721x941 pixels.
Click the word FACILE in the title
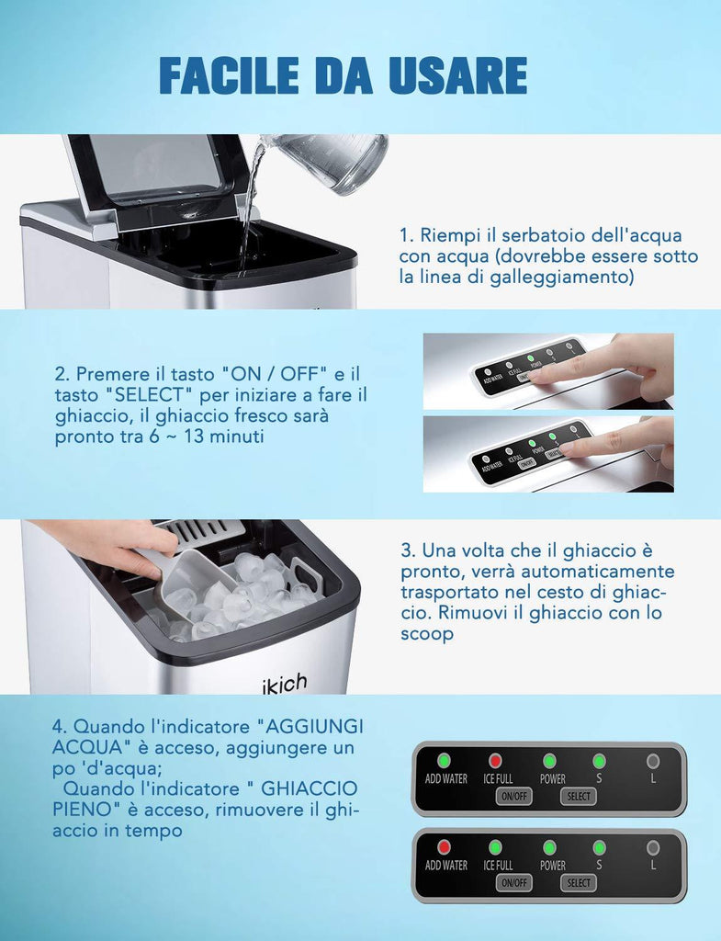click(229, 75)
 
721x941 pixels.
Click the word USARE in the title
click(458, 75)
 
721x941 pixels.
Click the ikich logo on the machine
click(285, 684)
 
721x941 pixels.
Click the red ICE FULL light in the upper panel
click(495, 761)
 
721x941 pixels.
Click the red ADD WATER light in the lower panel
click(444, 847)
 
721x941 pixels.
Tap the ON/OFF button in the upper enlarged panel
click(514, 797)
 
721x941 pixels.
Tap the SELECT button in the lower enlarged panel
click(579, 883)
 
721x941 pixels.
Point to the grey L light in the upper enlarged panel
click(653, 761)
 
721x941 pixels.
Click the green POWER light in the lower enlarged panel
click(549, 847)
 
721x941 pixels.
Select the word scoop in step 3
click(427, 634)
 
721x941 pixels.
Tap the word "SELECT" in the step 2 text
click(149, 395)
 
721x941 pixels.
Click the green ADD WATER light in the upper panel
click(444, 761)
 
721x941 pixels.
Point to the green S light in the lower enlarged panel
click(599, 847)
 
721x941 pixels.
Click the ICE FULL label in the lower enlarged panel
click(498, 866)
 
